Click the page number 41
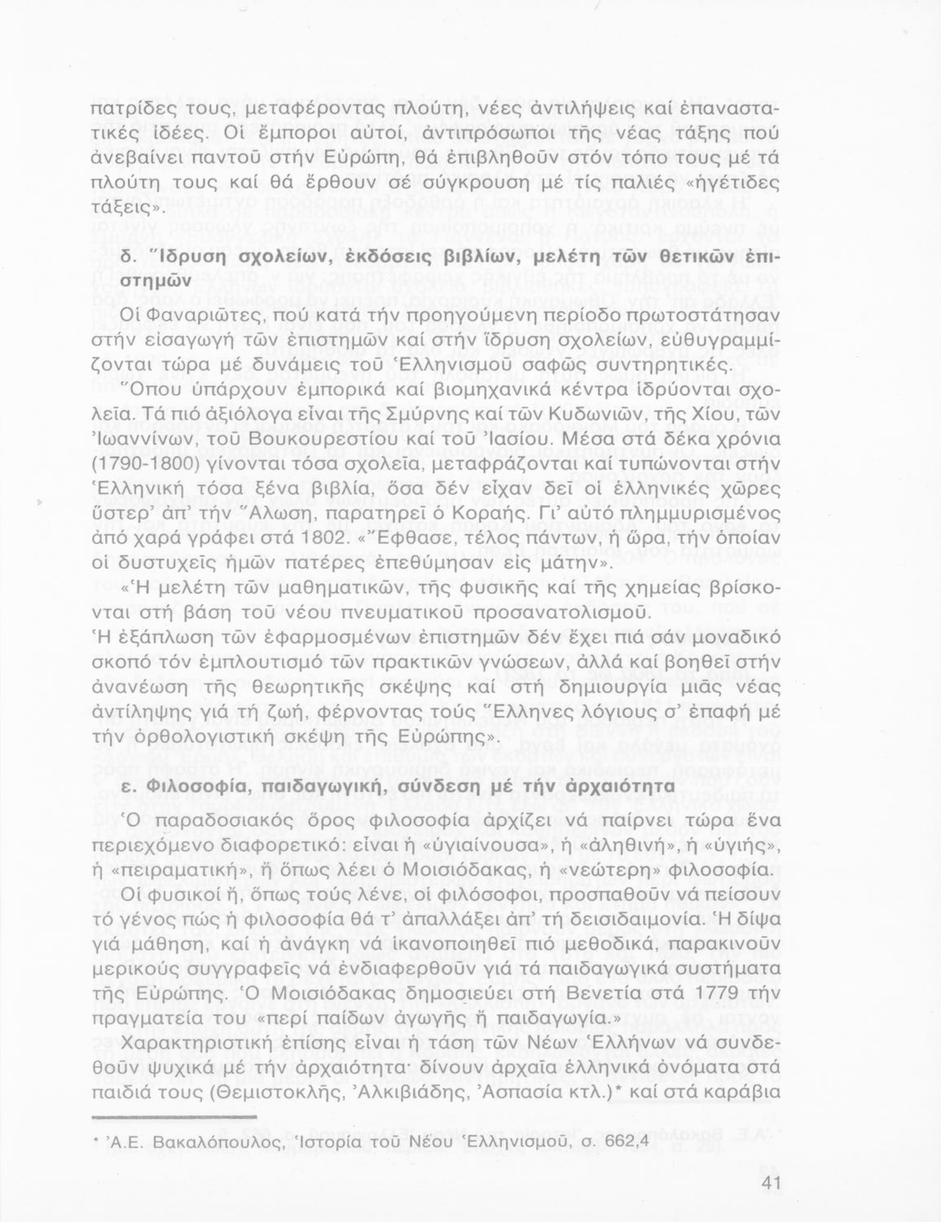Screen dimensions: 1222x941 (x=769, y=1184)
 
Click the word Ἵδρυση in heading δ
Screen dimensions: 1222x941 (x=174, y=258)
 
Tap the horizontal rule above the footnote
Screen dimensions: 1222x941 (x=175, y=1116)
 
